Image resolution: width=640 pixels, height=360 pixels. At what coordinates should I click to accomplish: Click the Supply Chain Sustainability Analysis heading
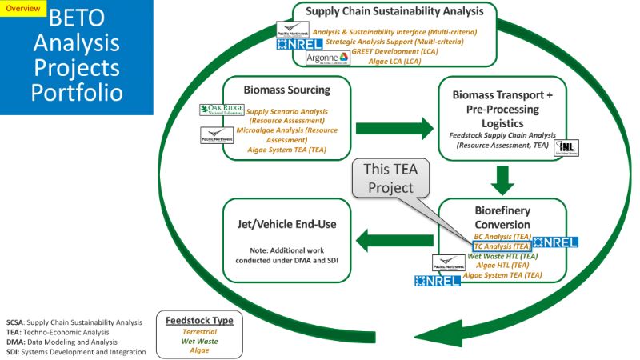point(398,11)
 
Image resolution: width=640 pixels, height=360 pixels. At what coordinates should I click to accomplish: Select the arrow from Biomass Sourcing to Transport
point(391,127)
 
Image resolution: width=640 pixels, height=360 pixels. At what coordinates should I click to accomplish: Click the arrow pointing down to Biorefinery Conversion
point(502,180)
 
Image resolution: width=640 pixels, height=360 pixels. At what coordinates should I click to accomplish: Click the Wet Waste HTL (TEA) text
point(502,256)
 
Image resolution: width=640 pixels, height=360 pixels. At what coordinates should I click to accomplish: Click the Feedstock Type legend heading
point(198,320)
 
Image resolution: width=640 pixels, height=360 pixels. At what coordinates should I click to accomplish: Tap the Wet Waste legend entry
point(198,340)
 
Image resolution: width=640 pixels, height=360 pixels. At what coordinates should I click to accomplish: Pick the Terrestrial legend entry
point(198,330)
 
